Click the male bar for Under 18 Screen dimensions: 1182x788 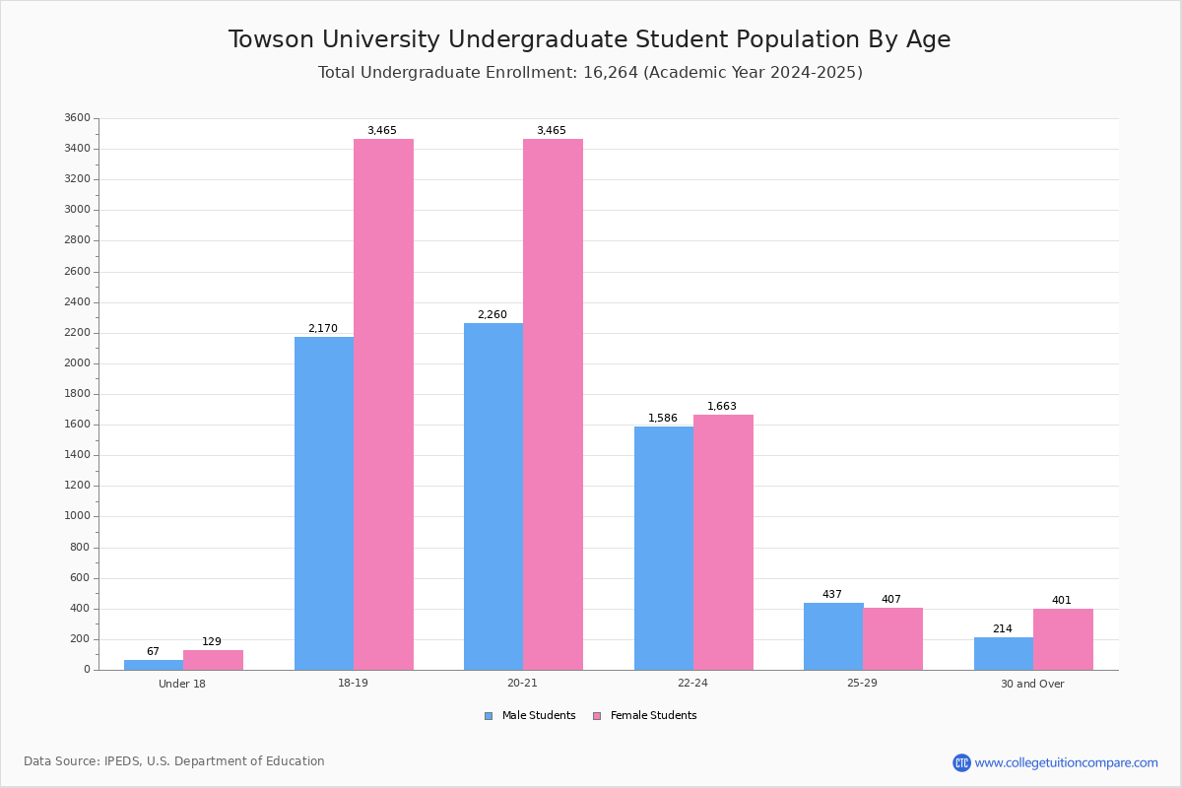(154, 665)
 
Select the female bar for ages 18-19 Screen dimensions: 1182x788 (383, 404)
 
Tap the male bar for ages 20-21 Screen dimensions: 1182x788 (493, 496)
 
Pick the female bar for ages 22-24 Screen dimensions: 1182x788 (723, 543)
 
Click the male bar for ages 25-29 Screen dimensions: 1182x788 (833, 636)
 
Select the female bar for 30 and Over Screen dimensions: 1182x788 (1063, 639)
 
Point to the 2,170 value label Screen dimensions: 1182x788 (323, 328)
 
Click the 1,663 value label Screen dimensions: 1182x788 (722, 406)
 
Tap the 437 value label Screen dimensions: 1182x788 (832, 594)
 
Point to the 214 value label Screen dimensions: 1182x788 (1003, 628)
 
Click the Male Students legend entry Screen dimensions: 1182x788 (530, 716)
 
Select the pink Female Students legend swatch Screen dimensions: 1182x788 (597, 716)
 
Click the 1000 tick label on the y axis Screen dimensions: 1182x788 (78, 516)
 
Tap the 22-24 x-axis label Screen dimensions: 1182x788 (692, 683)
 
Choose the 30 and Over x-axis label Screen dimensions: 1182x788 (1032, 684)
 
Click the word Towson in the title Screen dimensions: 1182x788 (271, 39)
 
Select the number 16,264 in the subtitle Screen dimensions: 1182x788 (611, 72)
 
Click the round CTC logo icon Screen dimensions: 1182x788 (961, 762)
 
